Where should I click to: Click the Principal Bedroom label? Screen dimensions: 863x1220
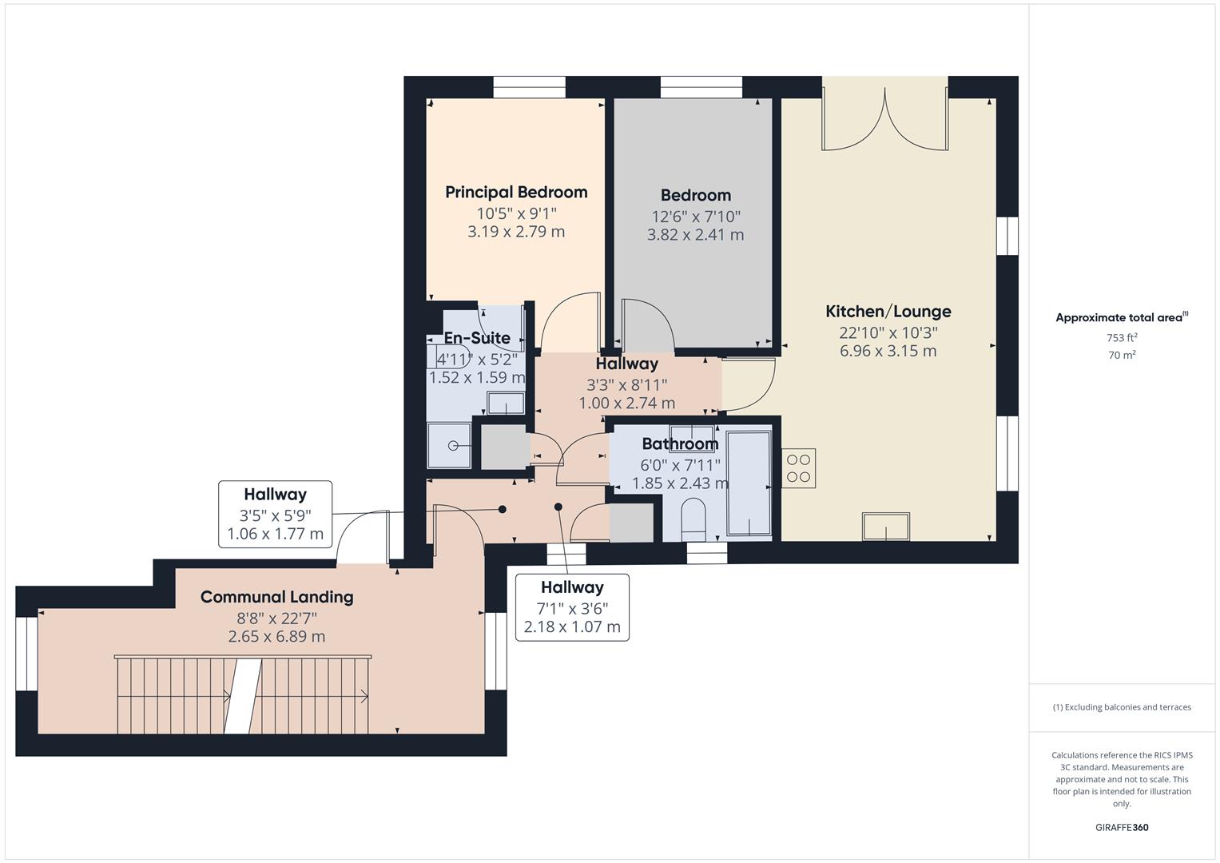pos(516,192)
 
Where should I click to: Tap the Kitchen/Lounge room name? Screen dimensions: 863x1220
pos(888,312)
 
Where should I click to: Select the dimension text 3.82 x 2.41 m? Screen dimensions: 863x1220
pos(695,235)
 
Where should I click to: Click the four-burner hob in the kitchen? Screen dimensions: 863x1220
pos(798,468)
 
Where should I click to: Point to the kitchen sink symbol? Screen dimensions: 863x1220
pos(885,527)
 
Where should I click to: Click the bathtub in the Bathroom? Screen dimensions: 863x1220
pos(749,483)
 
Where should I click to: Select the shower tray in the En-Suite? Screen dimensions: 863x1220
pos(450,445)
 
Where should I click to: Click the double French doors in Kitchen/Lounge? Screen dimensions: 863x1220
pos(885,120)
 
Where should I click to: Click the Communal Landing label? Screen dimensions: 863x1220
pos(276,597)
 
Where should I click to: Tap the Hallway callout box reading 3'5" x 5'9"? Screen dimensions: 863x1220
pos(275,514)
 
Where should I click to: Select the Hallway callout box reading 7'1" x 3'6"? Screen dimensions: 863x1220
pos(572,607)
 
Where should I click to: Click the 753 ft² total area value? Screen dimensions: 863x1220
pos(1122,338)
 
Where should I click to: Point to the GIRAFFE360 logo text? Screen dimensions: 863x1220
pos(1122,827)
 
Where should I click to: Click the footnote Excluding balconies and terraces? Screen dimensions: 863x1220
pos(1122,707)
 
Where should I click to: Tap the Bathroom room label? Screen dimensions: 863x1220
pos(680,444)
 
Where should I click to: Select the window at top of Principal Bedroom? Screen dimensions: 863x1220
pos(529,87)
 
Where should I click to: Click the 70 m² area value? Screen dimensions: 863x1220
pos(1122,356)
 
